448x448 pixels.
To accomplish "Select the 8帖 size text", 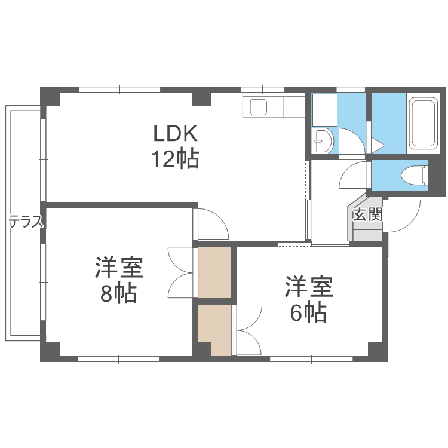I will tap(119, 294).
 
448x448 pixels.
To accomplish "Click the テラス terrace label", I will tap(26, 223).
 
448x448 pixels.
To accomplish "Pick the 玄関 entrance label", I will tap(367, 215).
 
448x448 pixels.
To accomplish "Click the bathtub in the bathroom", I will tap(424, 123).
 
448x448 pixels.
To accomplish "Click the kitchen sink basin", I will tap(259, 108).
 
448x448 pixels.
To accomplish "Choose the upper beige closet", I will tap(214, 272).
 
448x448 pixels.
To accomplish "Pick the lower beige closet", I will tap(214, 330).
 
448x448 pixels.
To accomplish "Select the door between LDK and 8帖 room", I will tap(212, 224).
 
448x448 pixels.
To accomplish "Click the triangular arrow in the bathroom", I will tap(378, 145).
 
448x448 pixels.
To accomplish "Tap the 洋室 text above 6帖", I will tap(308, 287).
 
